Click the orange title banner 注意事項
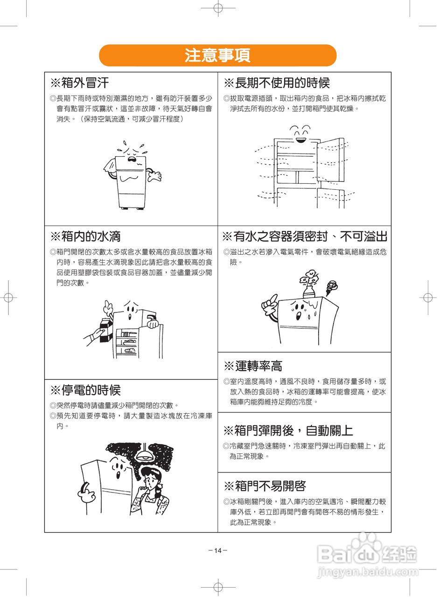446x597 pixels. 217,55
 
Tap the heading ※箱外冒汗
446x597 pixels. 79,83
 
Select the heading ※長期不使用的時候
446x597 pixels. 277,83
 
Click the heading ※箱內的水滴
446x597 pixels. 85,236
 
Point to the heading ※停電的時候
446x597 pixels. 85,390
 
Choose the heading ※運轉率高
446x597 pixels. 253,366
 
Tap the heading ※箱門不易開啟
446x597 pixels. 265,492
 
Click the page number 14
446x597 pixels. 217,551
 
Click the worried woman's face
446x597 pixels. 151,481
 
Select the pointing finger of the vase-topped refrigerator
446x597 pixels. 274,298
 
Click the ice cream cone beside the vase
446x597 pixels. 332,288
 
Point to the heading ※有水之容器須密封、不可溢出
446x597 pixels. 305,236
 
